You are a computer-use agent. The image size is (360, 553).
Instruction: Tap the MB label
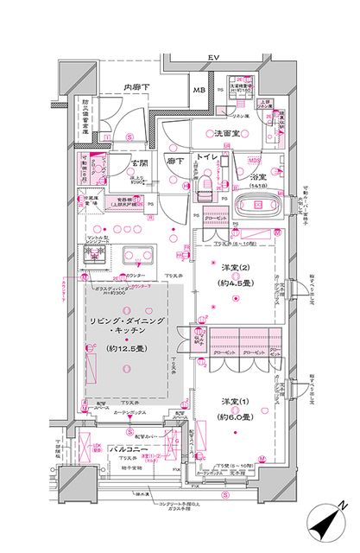[199, 90]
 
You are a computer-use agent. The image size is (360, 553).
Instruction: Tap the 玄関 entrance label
[141, 162]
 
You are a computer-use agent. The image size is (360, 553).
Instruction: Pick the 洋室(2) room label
[228, 266]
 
